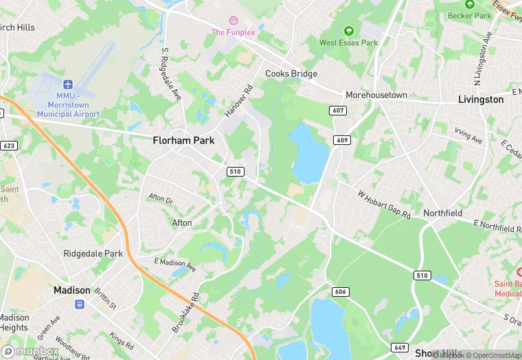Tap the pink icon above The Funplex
point(233,20)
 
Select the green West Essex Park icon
point(349,30)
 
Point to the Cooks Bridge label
point(291,74)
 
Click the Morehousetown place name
point(376,95)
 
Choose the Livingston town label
point(481,100)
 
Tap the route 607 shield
point(337,111)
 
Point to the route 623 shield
point(9,146)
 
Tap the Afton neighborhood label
point(182,223)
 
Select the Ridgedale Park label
point(93,254)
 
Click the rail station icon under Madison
point(79,304)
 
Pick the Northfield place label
point(442,213)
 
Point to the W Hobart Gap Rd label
point(383,204)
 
